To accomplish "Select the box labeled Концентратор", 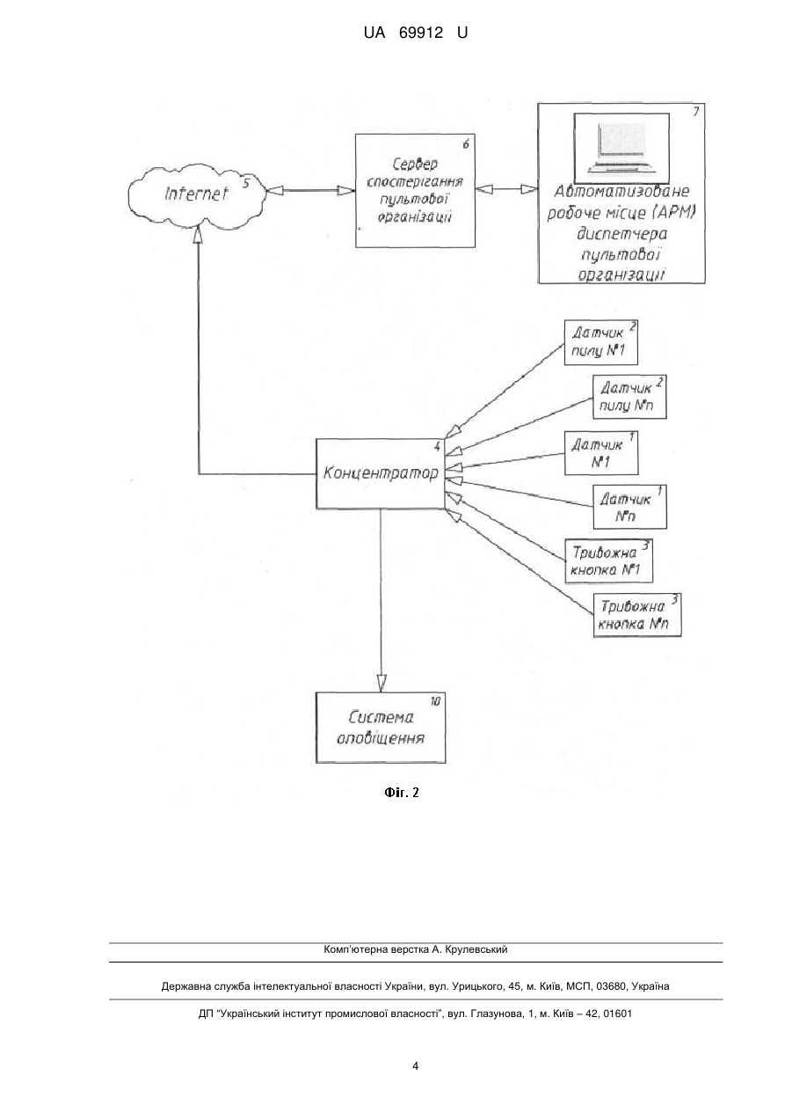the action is coord(381,473).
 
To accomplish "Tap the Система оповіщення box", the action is coord(381,728).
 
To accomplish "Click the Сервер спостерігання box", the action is coord(415,191).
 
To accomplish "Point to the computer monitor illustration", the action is coord(621,148).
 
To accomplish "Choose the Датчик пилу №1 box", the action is coord(601,342).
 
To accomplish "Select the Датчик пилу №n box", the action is coord(629,397).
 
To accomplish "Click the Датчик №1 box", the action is coord(601,453).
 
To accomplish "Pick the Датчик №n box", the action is coord(629,507).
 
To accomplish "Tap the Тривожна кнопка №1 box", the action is coord(608,560).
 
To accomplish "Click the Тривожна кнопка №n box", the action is coord(637,615).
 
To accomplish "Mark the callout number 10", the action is coord(435,701).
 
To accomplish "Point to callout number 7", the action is coord(695,112).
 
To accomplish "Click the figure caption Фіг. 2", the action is coord(401,793).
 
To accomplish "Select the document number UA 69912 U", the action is coord(415,33).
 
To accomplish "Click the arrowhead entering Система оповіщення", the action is coord(381,684).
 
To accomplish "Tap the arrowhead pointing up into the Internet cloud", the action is coord(199,234).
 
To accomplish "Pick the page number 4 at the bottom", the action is coord(415,1066).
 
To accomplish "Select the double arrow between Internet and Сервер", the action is coord(311,190).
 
